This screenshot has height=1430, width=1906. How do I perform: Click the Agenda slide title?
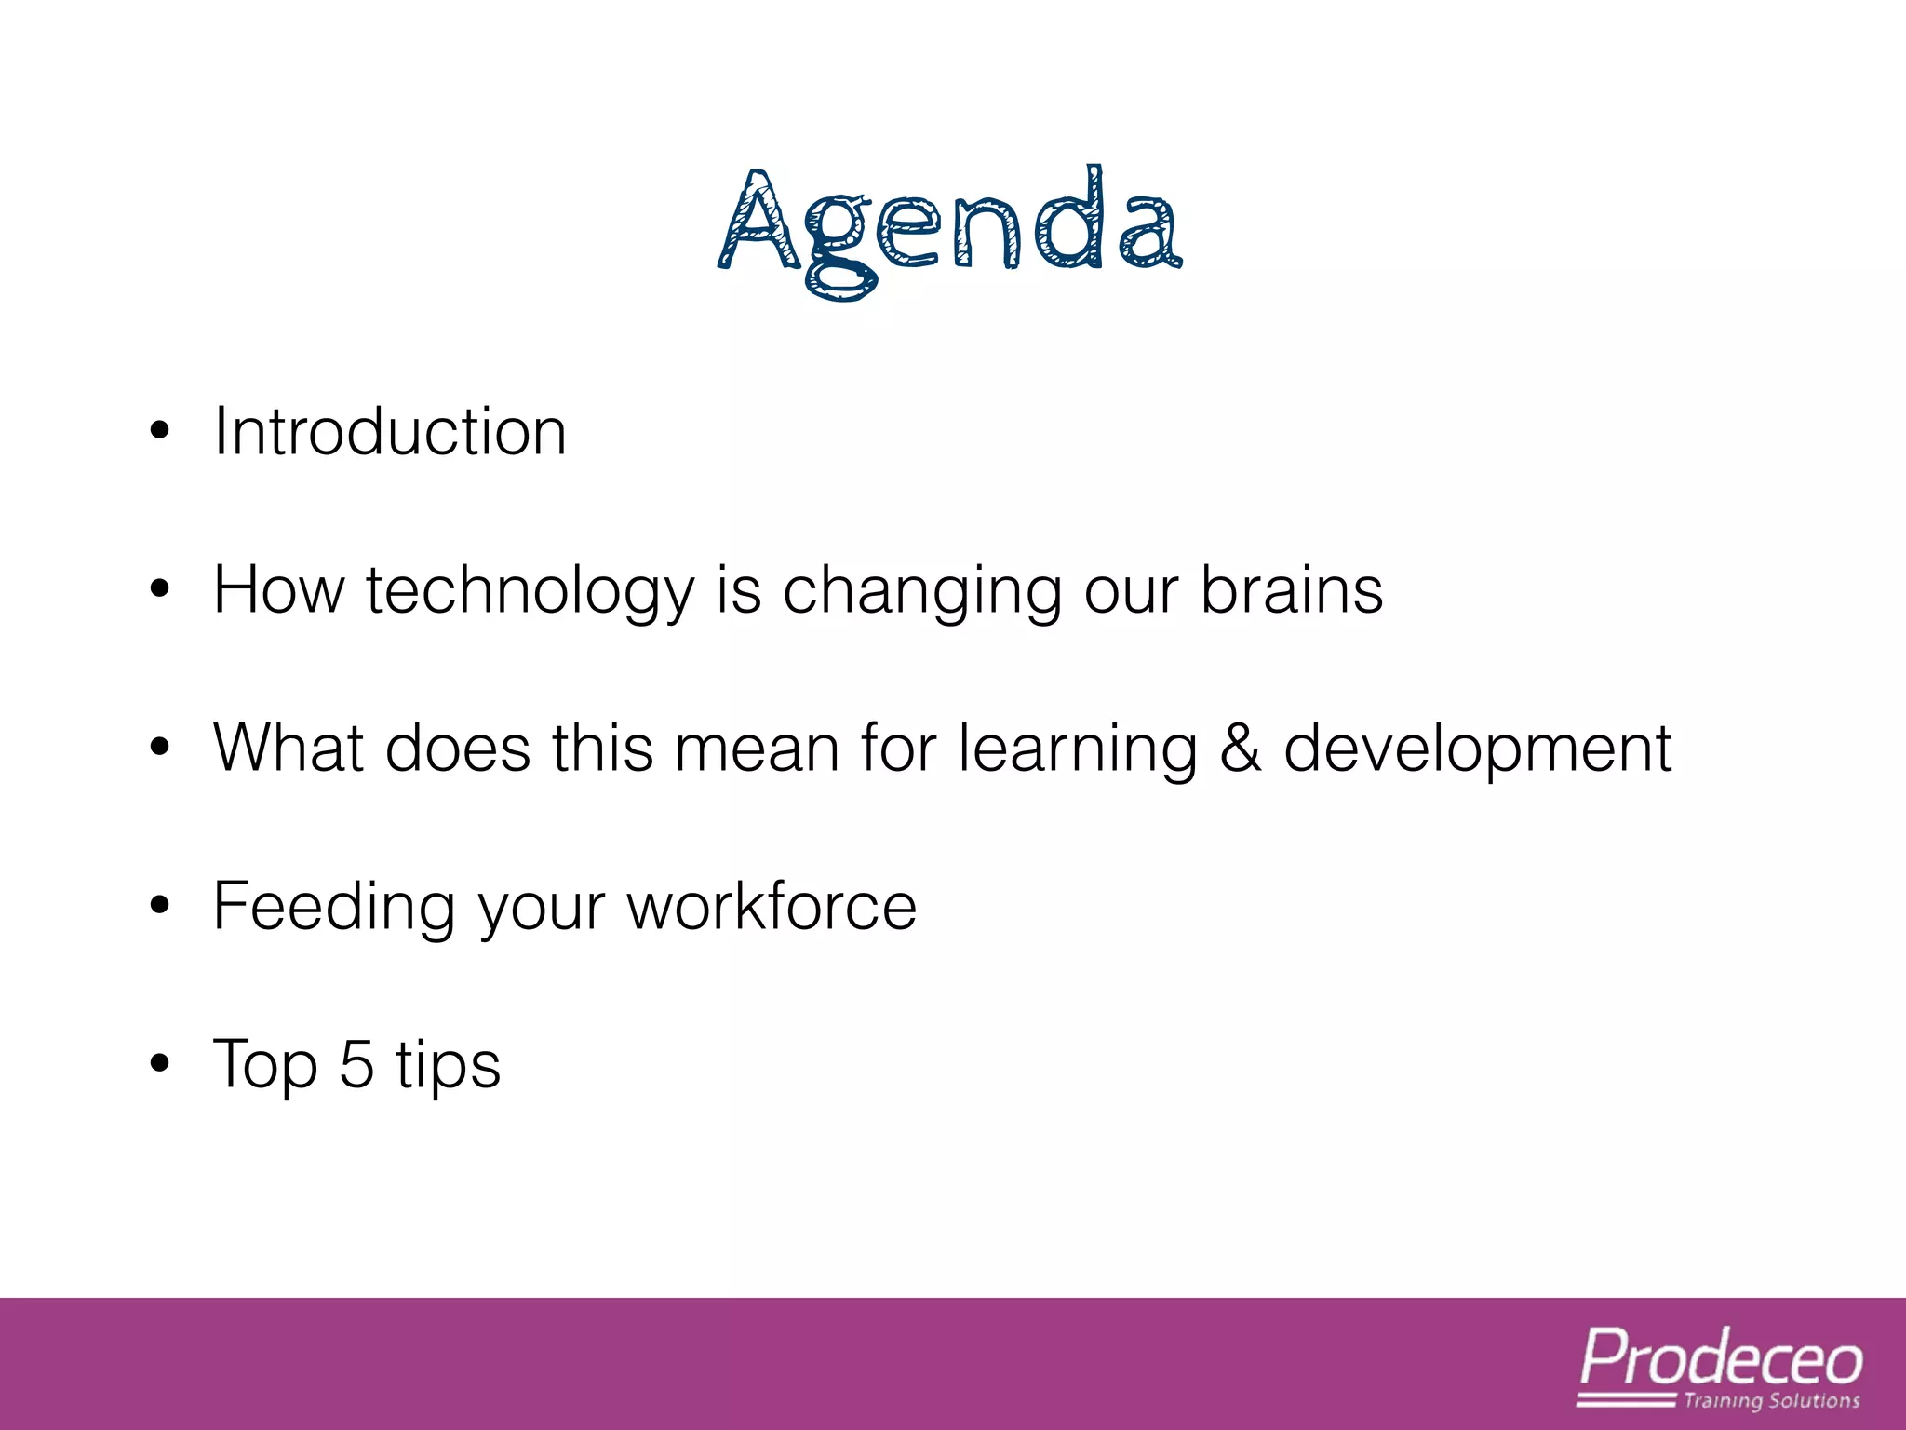[x=951, y=228]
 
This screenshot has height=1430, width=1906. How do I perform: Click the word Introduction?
[x=390, y=432]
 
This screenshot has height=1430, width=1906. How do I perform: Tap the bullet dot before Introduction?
[x=160, y=431]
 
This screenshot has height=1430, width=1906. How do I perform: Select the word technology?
[x=530, y=592]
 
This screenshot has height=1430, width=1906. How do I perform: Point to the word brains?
[x=1292, y=590]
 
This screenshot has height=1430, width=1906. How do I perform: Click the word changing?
[x=921, y=592]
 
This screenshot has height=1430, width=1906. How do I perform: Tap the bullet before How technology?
[x=160, y=589]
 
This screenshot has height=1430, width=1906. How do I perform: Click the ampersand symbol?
[x=1241, y=749]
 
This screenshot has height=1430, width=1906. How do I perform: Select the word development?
[x=1478, y=750]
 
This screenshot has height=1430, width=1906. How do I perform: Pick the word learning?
[x=1079, y=750]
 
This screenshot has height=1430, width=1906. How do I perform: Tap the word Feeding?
[x=334, y=908]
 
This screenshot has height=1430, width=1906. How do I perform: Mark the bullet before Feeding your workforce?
[x=160, y=905]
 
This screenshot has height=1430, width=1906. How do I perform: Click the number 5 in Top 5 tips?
[x=356, y=1063]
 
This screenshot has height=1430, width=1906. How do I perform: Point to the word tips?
[x=449, y=1065]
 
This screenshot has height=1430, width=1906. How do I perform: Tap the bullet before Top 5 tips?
[x=160, y=1063]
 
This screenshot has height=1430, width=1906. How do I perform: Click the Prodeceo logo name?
[x=1721, y=1359]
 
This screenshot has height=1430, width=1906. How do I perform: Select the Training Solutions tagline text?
[x=1771, y=1400]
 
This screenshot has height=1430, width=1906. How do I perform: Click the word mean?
[x=757, y=749]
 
